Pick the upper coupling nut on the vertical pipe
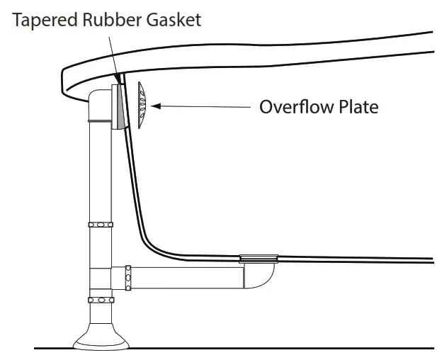coord(100,225)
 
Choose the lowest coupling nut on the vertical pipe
coord(100,300)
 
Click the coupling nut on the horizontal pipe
coord(127,278)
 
